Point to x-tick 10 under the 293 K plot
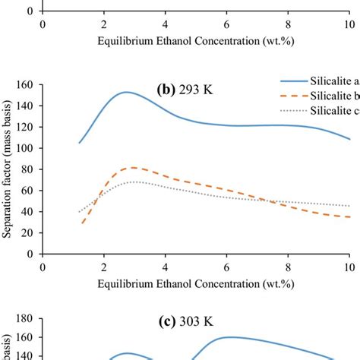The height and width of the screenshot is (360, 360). coord(349,268)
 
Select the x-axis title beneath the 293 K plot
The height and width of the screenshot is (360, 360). coord(195,283)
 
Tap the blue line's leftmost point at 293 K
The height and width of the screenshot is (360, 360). coord(79,143)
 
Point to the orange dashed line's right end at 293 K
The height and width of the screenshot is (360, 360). coord(349,217)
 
